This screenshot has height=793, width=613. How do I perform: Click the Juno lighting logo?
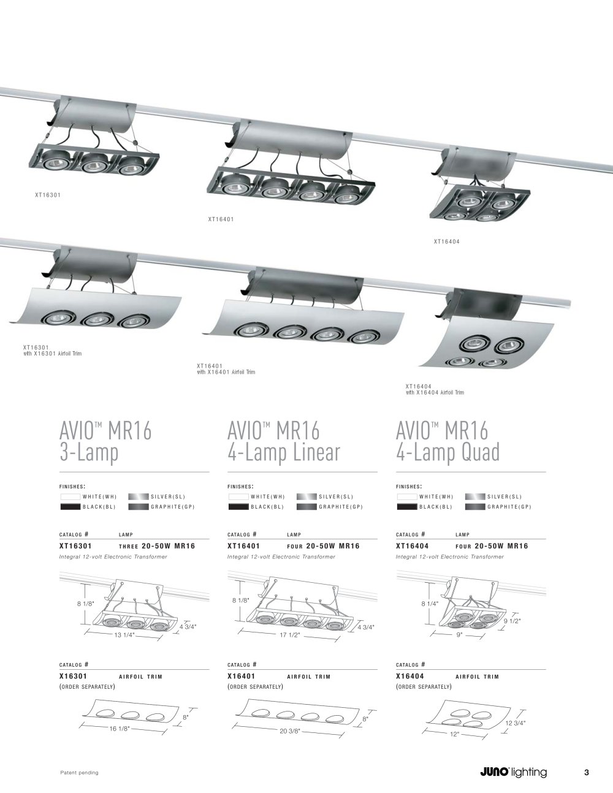(514, 772)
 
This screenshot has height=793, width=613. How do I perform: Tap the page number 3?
(587, 772)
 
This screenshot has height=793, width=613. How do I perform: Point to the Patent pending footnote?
(79, 773)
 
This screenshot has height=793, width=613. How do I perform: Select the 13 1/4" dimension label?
(124, 635)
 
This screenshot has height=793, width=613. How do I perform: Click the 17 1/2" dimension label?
(290, 635)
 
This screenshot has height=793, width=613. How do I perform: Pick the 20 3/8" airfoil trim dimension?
(289, 731)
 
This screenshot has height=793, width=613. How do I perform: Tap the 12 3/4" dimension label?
(515, 723)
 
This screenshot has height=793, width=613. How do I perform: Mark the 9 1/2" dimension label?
(512, 621)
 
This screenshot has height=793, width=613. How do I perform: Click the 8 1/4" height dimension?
(430, 604)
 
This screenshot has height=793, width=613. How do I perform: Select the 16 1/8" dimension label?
(120, 729)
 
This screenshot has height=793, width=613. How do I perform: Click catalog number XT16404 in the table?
(412, 546)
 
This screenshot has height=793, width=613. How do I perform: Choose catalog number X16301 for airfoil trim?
(73, 676)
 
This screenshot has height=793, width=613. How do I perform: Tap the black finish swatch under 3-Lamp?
(70, 507)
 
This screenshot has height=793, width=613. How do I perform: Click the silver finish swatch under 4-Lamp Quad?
(475, 496)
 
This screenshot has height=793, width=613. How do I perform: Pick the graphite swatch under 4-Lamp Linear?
(306, 507)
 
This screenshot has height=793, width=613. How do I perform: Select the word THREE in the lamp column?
(129, 546)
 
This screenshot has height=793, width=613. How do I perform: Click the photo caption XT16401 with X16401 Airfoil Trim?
(226, 369)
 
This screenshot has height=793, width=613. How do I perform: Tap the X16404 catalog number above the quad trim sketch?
(409, 676)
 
